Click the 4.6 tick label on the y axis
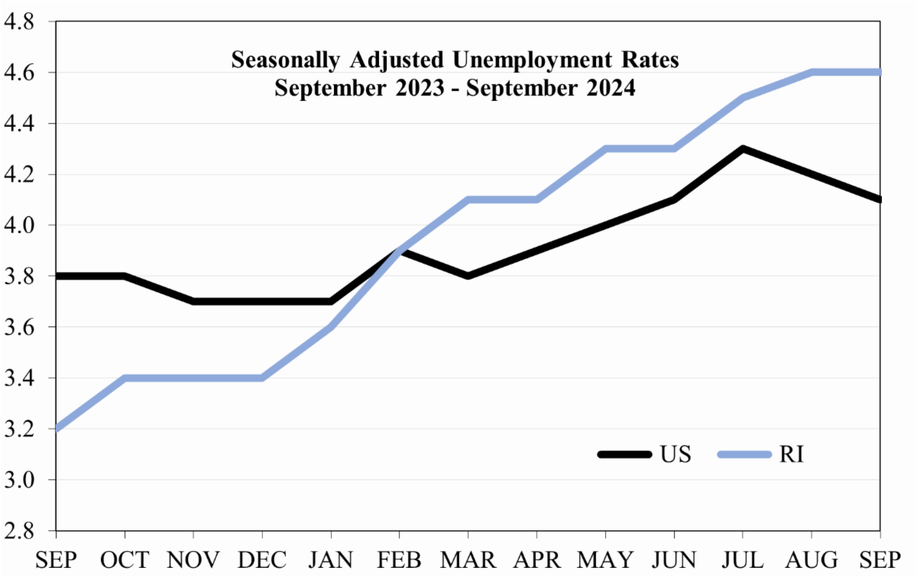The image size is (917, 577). (x=18, y=73)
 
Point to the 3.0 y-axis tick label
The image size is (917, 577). (x=18, y=480)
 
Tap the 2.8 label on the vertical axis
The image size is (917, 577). (x=18, y=530)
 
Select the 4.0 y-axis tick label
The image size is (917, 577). (x=18, y=225)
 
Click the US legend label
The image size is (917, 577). (x=673, y=455)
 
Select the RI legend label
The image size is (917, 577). (x=792, y=455)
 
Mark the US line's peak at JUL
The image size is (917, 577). (x=742, y=149)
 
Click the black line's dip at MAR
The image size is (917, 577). (x=468, y=276)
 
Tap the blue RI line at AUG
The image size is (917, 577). (x=811, y=73)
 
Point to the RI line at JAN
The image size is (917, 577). (x=330, y=327)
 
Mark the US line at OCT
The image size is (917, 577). (x=124, y=276)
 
